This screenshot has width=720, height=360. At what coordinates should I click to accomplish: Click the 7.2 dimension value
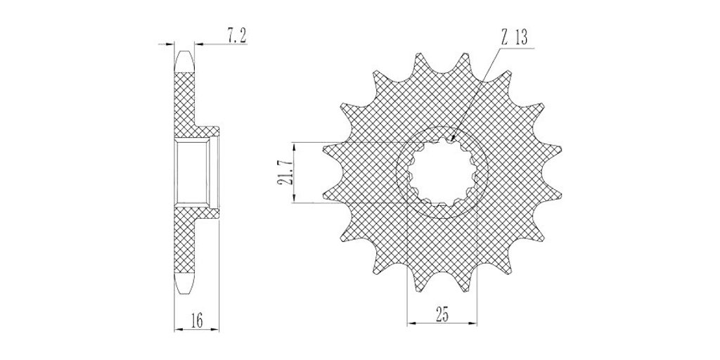(x=237, y=37)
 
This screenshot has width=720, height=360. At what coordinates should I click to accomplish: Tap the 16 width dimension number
(x=197, y=321)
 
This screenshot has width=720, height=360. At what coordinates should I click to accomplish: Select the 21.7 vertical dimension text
(x=285, y=172)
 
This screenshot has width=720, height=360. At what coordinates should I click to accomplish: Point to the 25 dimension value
(x=442, y=316)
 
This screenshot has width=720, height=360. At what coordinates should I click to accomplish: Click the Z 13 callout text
(x=514, y=38)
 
